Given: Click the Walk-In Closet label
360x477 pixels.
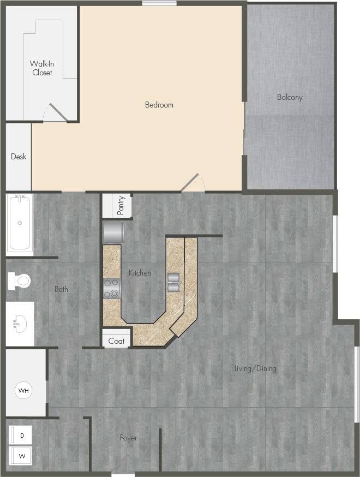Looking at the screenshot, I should point(42,68).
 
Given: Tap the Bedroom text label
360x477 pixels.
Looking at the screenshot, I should point(159,105).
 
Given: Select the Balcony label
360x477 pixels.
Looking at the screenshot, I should point(289,98).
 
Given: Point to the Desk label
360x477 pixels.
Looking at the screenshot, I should point(19,157).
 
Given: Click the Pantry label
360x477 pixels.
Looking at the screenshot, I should point(121,205).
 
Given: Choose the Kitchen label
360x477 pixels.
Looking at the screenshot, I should point(140,273).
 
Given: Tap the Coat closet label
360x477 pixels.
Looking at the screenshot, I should point(116,342).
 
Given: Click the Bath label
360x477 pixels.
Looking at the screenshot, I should point(61,289).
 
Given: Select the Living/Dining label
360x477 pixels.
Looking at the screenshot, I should point(255,368).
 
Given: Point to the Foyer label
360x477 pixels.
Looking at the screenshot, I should point(129,438).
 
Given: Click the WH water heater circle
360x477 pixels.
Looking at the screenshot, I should point(23,391).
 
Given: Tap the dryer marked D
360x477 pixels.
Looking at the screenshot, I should point(21,436).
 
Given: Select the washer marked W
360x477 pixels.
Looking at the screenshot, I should point(21,455).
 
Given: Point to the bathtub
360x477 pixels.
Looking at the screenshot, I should point(20,223).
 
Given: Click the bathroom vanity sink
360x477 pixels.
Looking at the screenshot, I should point(20,323).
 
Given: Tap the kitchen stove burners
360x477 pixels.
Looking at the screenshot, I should point(112,288).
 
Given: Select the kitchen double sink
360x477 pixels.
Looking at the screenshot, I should point(173,282).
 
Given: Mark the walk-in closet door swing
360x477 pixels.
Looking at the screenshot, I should point(56,113).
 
